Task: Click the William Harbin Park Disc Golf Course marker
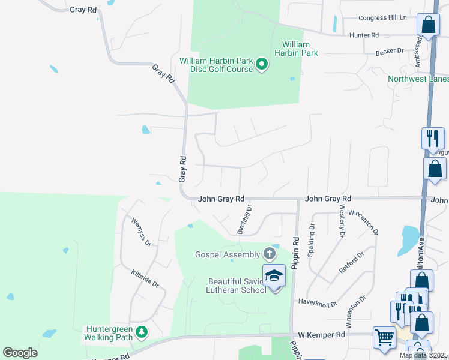[262, 64]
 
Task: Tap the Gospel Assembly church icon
[270, 254]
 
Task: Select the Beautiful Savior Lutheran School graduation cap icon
[274, 276]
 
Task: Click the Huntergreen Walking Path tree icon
[141, 331]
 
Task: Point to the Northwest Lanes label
[418, 79]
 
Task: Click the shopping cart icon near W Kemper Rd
[384, 337]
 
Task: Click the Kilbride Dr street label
[145, 277]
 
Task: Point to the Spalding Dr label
[312, 240]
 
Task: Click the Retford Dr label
[351, 263]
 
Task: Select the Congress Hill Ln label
[382, 17]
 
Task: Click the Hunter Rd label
[364, 35]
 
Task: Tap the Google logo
[20, 352]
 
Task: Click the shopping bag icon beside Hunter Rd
[428, 25]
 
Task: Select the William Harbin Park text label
[296, 49]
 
